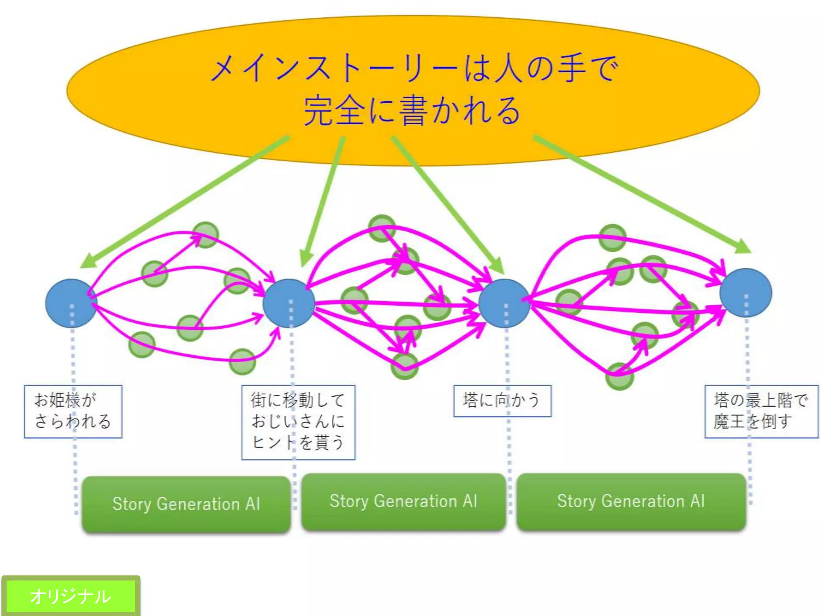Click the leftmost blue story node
pyautogui.click(x=71, y=303)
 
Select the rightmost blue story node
pyautogui.click(x=745, y=293)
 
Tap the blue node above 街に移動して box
pyautogui.click(x=289, y=303)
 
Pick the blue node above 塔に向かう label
pyautogui.click(x=504, y=303)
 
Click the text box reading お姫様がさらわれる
pyautogui.click(x=73, y=411)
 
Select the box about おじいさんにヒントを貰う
pyautogui.click(x=298, y=422)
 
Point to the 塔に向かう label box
pyautogui.click(x=502, y=401)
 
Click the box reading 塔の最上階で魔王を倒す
pyautogui.click(x=761, y=411)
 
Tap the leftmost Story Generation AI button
pyautogui.click(x=186, y=504)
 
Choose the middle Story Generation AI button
pyautogui.click(x=403, y=502)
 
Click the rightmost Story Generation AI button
pyautogui.click(x=631, y=502)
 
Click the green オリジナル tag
pyautogui.click(x=71, y=596)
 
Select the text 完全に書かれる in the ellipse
pyautogui.click(x=412, y=110)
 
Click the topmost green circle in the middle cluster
pyautogui.click(x=382, y=228)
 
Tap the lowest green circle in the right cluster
pyautogui.click(x=619, y=376)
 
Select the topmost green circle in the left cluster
pyautogui.click(x=206, y=235)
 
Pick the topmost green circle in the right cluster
pyautogui.click(x=612, y=237)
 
